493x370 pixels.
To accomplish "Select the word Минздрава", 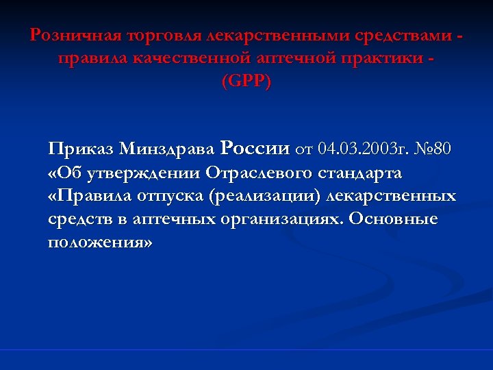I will coord(168,148).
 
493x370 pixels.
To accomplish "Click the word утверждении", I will coord(141,173).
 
